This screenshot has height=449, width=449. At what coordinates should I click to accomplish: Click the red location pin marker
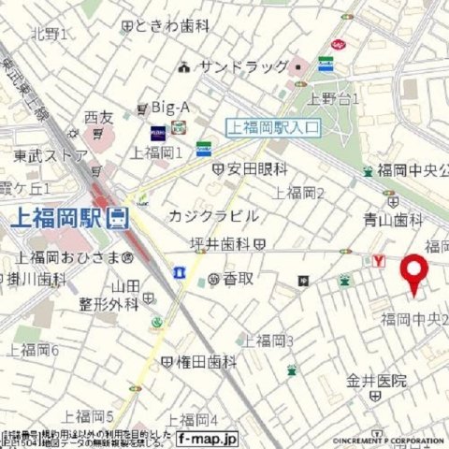point(414,274)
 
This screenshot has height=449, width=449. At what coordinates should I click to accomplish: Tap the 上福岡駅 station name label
point(55,219)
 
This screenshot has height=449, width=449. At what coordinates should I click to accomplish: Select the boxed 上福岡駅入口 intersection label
point(273,128)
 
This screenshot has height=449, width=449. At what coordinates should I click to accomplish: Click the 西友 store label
point(97,118)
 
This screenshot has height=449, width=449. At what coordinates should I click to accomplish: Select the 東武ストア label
point(51,155)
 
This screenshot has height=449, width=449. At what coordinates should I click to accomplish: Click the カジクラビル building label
point(212,215)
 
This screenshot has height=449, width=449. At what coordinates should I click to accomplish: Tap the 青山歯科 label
point(392,220)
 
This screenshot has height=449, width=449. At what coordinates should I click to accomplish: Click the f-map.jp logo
point(207,437)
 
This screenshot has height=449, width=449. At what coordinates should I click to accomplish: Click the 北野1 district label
point(49,35)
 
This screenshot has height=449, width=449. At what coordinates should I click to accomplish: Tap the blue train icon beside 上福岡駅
point(117,219)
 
